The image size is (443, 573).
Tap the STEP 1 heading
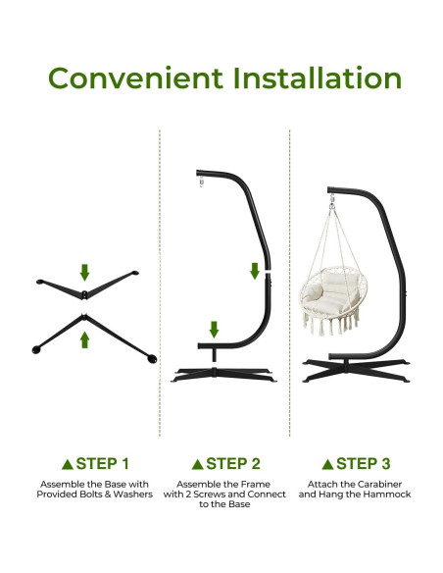pos(102,463)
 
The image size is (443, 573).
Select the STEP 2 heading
pos(233,463)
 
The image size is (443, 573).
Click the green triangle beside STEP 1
pos(67,464)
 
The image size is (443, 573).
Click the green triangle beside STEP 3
pos(327,464)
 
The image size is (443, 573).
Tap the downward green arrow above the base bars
pos(85,272)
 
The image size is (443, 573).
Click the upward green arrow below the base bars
pos(85,339)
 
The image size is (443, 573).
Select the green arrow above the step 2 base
pos(214,328)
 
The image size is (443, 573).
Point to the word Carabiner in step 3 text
pos(372,484)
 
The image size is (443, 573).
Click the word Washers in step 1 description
pos(133,495)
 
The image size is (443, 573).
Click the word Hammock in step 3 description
pos(389,495)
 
